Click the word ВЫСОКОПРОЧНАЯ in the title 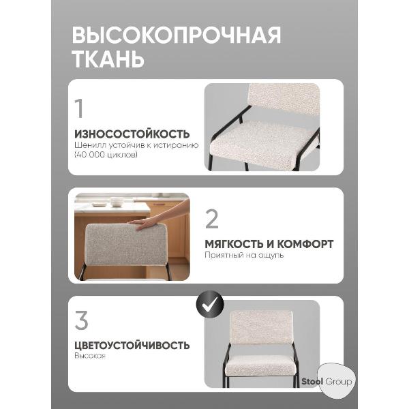(x=176, y=35)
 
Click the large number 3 (x=81, y=320)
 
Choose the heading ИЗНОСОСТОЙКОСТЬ (x=132, y=134)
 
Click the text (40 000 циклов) (x=106, y=155)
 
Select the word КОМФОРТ (x=305, y=244)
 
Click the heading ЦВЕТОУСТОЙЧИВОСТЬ (x=132, y=345)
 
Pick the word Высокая (x=90, y=357)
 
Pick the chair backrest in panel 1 (x=284, y=100)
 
